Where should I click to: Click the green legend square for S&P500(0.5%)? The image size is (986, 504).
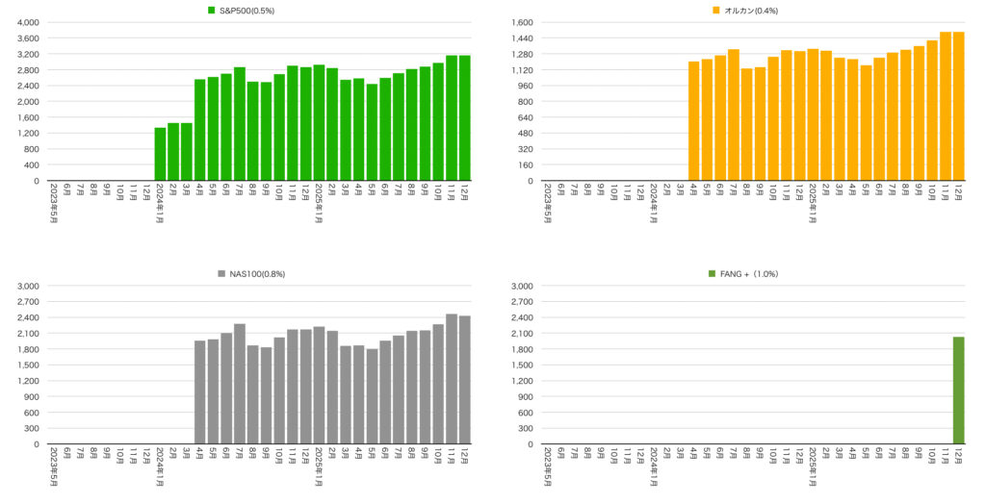click(211, 11)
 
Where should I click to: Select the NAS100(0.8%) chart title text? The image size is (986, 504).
click(257, 274)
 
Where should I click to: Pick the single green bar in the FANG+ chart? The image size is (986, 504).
click(958, 391)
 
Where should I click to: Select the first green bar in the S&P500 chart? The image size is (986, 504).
click(160, 154)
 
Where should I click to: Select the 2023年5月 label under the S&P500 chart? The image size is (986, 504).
click(54, 203)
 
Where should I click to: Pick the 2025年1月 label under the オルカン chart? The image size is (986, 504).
click(813, 203)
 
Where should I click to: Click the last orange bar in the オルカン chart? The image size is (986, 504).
click(958, 106)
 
